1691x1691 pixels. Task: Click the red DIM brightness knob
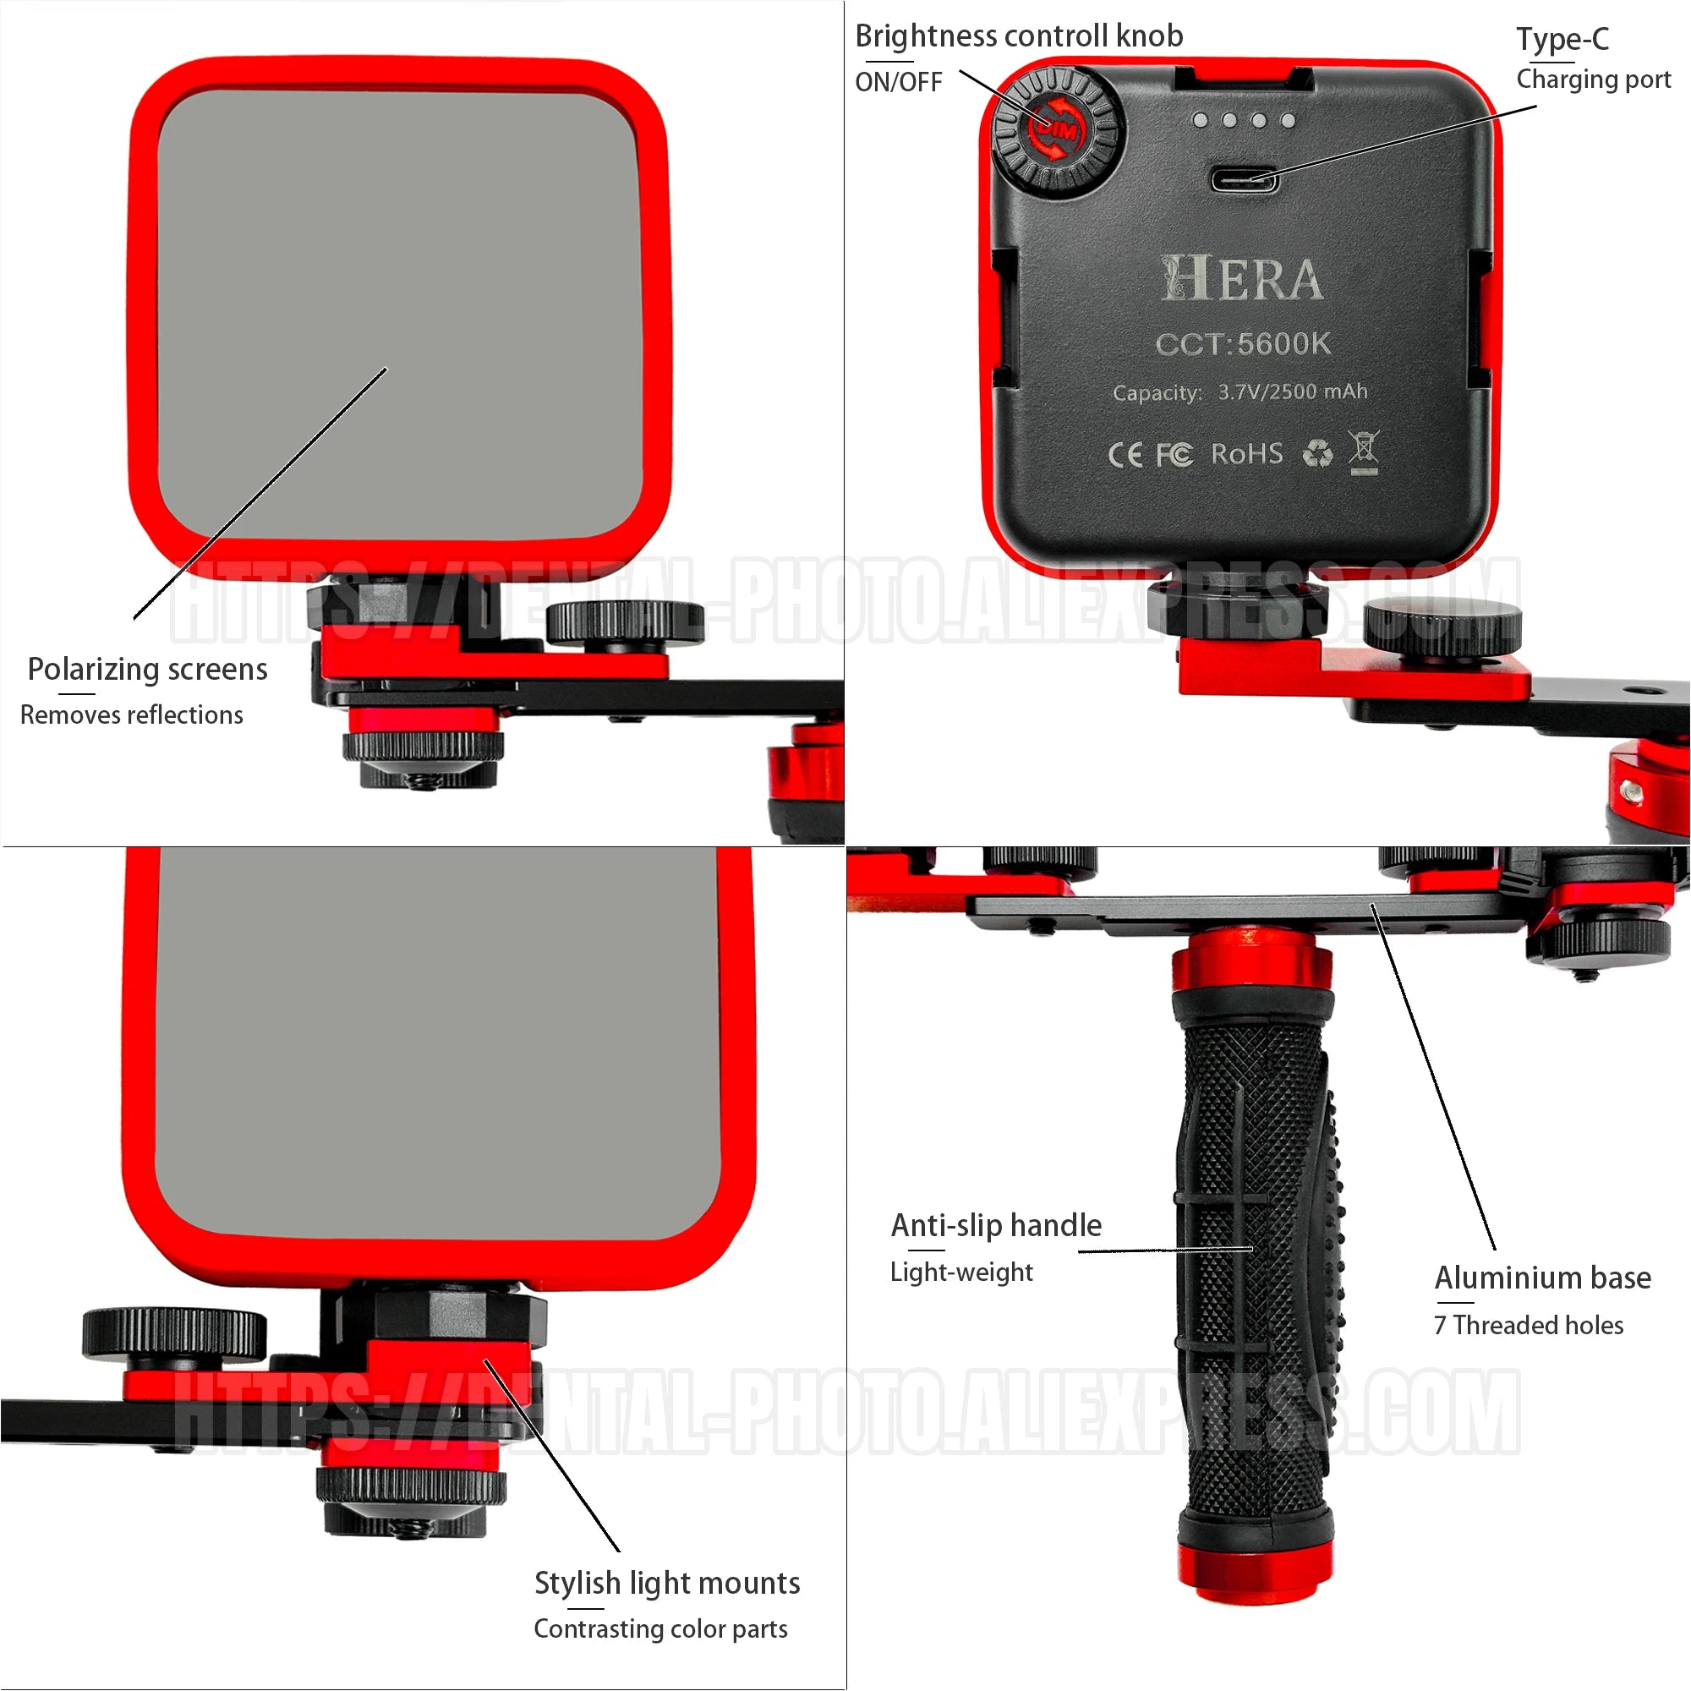point(1058,130)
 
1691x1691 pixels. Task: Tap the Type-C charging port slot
point(1244,179)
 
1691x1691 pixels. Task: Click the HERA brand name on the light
point(1241,278)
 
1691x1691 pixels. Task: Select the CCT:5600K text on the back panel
point(1243,343)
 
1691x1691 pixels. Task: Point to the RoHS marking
point(1247,453)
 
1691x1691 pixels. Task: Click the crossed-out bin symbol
point(1363,451)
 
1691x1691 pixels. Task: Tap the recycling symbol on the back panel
point(1317,453)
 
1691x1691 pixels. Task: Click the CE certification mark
point(1125,455)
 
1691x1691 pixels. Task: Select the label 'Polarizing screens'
point(147,670)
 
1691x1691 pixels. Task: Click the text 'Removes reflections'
point(131,715)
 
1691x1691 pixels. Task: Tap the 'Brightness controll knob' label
point(1019,36)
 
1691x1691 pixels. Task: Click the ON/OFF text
point(898,82)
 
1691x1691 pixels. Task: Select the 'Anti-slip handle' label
point(996,1225)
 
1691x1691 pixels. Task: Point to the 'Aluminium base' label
point(1542,1278)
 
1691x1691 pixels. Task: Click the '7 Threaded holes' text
point(1528,1325)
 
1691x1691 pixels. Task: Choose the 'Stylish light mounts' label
point(667,1584)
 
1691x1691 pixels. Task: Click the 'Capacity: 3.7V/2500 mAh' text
point(1240,392)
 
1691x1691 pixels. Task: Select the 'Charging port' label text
point(1593,79)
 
